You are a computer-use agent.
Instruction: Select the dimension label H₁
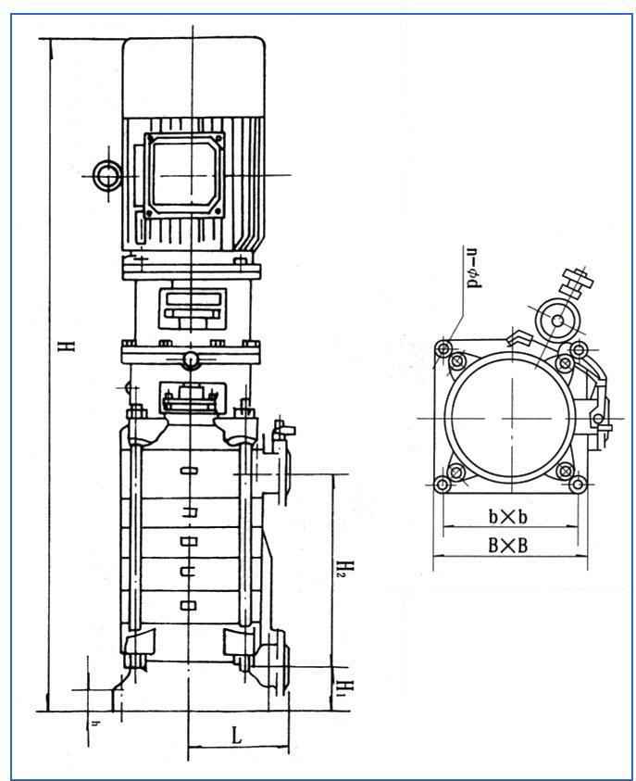click(x=342, y=687)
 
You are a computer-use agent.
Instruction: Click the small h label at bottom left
click(x=93, y=722)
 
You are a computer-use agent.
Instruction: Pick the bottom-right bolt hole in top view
click(x=579, y=483)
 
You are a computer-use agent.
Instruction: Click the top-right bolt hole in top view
click(x=579, y=349)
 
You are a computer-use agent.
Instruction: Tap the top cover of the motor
click(x=193, y=74)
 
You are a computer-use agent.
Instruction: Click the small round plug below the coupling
click(x=190, y=360)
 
